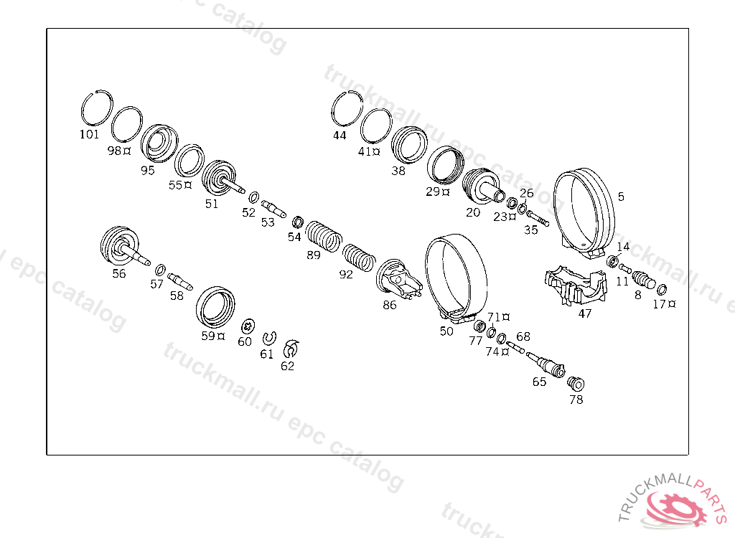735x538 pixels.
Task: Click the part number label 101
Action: coord(89,135)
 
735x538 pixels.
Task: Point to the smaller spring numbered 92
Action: coord(359,258)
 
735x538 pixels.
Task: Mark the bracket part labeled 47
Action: coord(576,285)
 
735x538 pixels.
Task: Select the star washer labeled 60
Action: coord(248,325)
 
